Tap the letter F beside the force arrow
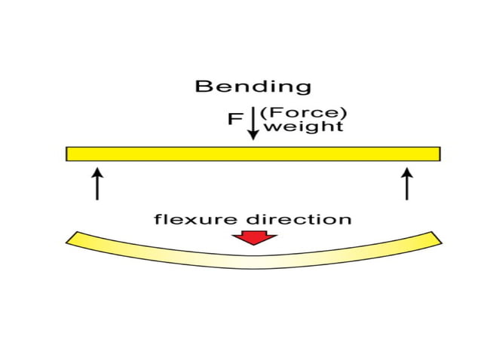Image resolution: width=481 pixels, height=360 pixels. [x=234, y=121]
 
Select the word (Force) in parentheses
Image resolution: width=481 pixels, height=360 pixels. [x=303, y=113]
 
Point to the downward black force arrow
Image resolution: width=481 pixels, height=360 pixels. [x=253, y=124]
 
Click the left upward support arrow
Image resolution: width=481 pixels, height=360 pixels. [x=97, y=184]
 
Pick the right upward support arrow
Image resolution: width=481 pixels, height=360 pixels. [x=407, y=184]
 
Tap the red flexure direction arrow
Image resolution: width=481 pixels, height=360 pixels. [x=253, y=237]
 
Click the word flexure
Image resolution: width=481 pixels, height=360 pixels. [x=195, y=220]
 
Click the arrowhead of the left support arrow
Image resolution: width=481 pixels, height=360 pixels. [x=97, y=172]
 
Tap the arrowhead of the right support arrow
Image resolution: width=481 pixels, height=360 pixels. [x=407, y=172]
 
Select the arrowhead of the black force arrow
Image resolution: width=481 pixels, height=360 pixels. [x=253, y=136]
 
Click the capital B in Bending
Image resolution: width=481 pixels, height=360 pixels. [x=201, y=86]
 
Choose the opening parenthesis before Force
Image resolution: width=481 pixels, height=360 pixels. [x=263, y=113]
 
